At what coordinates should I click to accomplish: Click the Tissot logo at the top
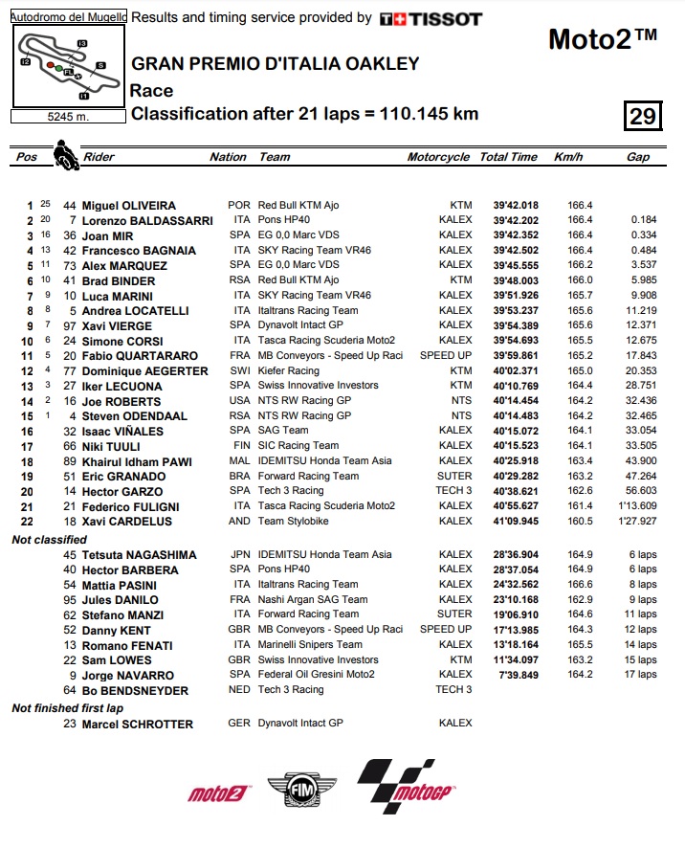point(431,18)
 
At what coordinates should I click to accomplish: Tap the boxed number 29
point(642,117)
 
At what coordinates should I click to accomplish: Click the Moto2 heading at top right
point(603,40)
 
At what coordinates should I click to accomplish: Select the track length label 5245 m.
point(67,117)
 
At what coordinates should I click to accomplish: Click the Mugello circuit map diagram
point(67,65)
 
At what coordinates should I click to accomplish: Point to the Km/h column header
point(568,157)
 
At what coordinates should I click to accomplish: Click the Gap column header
point(638,157)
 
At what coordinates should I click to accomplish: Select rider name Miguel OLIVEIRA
point(129,206)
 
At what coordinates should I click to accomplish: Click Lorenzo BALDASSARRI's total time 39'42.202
point(509,220)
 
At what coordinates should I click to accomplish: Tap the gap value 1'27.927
point(635,522)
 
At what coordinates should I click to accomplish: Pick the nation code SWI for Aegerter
point(239,371)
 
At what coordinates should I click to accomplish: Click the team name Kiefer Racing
point(289,371)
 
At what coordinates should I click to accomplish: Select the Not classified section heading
point(49,540)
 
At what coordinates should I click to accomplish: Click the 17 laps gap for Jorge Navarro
point(642,675)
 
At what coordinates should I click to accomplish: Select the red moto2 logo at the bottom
point(219,793)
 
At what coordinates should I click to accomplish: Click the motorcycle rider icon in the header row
point(65,155)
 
